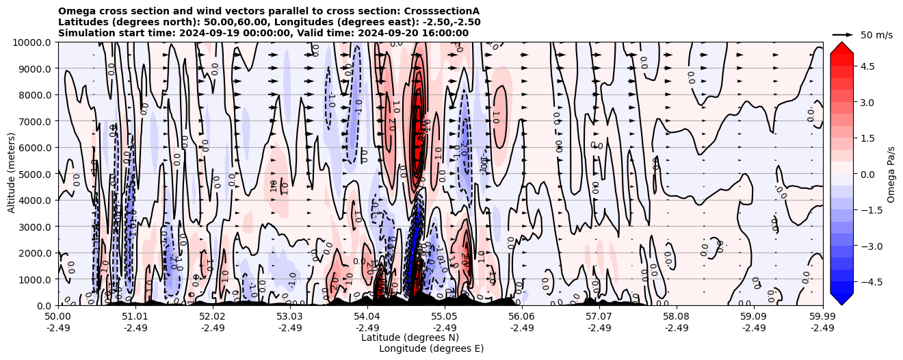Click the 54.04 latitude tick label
coord(367,317)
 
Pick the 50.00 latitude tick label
coord(58,317)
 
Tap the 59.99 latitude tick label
coord(822,317)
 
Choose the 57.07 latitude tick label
coord(599,317)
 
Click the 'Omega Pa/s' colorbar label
coord(891,174)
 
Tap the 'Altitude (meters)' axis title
coord(12,174)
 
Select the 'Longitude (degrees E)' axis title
coord(431,348)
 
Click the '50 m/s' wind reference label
coord(876,35)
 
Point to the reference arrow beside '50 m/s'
coord(843,34)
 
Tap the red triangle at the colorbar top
coord(841,48)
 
